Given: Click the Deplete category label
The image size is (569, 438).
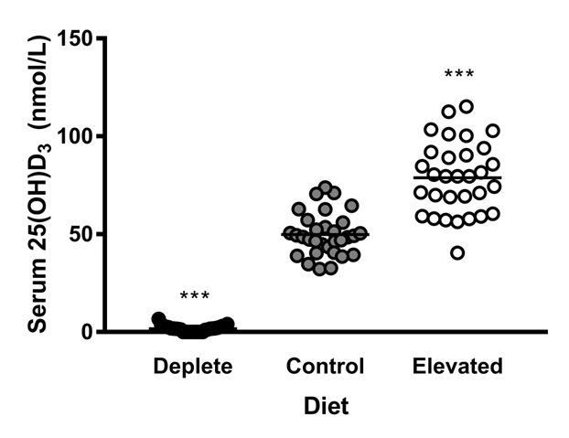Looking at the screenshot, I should [192, 367].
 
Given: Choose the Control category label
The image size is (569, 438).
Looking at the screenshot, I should [325, 367].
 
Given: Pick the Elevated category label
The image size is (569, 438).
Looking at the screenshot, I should [456, 367].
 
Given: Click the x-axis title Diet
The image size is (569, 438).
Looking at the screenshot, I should [326, 405].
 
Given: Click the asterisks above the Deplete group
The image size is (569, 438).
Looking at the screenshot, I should [194, 296].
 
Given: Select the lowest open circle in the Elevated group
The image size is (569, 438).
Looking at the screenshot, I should [457, 252].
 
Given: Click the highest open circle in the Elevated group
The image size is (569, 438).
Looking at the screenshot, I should [466, 107].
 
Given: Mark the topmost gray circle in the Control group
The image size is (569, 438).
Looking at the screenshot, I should [325, 188].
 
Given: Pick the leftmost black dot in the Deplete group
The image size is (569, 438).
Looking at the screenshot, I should [158, 319].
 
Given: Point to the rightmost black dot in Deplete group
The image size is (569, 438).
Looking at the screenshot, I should [228, 324].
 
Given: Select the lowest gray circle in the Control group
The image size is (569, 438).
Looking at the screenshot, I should [319, 269].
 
